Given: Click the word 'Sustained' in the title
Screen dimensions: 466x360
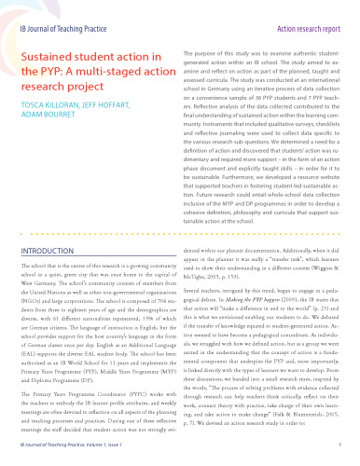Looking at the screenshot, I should [46, 59].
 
